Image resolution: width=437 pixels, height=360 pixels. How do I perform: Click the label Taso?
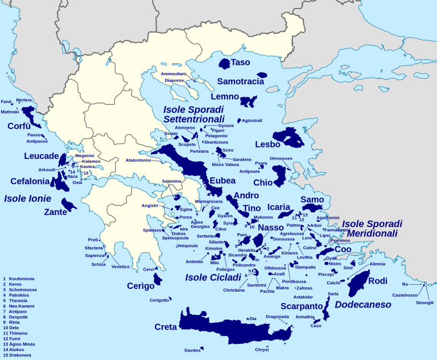[240, 62]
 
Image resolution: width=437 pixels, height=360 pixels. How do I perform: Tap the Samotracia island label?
[240, 81]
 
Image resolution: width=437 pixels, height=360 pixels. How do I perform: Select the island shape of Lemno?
[248, 101]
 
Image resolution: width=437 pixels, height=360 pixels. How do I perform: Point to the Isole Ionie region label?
[27, 199]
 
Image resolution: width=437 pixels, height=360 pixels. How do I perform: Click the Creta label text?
[166, 327]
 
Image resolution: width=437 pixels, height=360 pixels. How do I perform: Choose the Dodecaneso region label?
[362, 305]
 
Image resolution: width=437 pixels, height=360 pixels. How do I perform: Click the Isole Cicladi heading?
[213, 277]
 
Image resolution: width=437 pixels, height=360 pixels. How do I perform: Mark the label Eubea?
[222, 181]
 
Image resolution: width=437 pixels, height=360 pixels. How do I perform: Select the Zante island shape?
[68, 203]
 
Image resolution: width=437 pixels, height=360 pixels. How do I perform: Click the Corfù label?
[19, 126]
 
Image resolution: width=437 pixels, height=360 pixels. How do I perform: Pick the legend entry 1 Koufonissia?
[19, 279]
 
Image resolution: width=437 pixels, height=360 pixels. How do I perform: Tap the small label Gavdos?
[193, 350]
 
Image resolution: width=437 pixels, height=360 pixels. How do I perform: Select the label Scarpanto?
[302, 305]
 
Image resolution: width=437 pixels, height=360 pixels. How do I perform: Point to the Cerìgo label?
[141, 286]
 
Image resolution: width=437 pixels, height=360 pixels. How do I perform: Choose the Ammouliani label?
[174, 74]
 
